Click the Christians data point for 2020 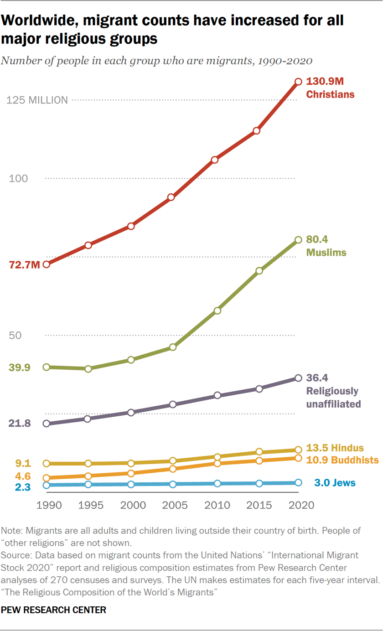click(x=298, y=82)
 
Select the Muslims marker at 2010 click(x=217, y=310)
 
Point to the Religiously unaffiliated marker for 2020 click(x=298, y=378)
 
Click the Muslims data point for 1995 click(x=88, y=368)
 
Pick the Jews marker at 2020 click(x=298, y=482)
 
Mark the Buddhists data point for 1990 click(x=46, y=478)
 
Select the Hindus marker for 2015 click(x=259, y=452)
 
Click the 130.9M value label click(x=324, y=82)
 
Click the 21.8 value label click(x=19, y=424)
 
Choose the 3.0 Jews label click(x=335, y=483)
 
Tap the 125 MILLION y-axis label click(x=37, y=100)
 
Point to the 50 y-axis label click(x=16, y=336)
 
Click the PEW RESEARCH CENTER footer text click(x=54, y=610)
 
